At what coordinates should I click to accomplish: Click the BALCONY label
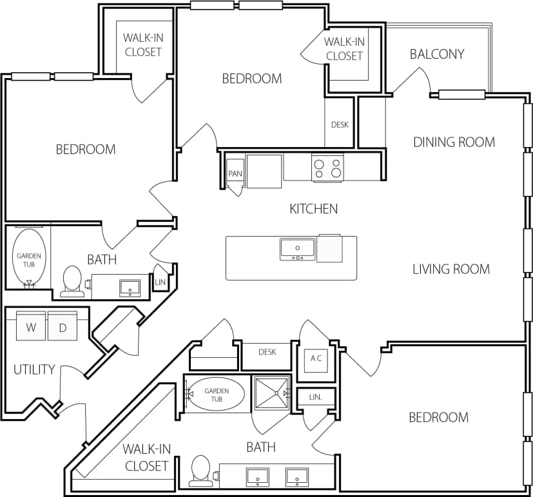pos(436,54)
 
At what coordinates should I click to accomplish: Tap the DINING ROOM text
pos(454,142)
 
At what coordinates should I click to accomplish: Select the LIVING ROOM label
pos(451,269)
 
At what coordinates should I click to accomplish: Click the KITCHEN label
pos(313,209)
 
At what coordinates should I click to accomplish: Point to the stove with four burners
pos(327,168)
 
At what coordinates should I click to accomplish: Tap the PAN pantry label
pos(235,174)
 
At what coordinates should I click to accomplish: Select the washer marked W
pos(31,327)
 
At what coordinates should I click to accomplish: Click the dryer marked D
pos(63,327)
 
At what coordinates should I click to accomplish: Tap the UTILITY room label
pos(34,370)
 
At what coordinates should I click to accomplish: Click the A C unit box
pos(316,359)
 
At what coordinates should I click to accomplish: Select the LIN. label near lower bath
pos(315,398)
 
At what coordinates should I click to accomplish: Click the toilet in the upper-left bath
pos(72,281)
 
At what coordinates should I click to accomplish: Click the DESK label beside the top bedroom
pos(339,124)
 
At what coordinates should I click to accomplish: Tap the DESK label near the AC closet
pos(267,352)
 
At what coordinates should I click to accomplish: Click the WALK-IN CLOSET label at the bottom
pos(146,457)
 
